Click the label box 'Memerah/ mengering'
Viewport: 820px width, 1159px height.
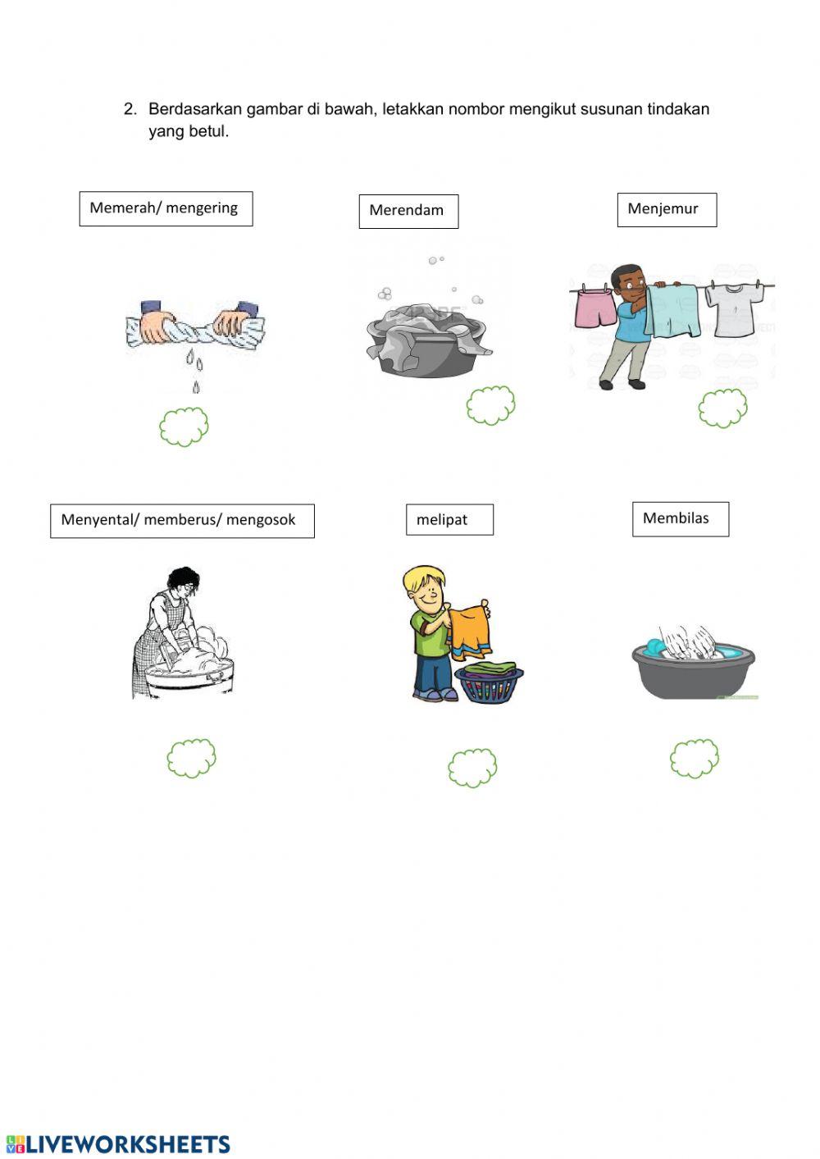pyautogui.click(x=166, y=208)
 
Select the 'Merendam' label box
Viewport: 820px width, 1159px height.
pyautogui.click(x=408, y=211)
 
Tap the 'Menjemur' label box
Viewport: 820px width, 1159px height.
pyautogui.click(x=667, y=209)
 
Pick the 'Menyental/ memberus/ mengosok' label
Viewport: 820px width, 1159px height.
pyautogui.click(x=182, y=521)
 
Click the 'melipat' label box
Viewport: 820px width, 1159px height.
pyautogui.click(x=449, y=519)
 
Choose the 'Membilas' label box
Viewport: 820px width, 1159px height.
pyautogui.click(x=681, y=519)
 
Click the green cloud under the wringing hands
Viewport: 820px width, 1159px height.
pyautogui.click(x=184, y=427)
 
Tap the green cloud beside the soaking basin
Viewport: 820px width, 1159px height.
pyautogui.click(x=491, y=405)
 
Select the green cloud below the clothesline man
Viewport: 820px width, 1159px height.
pyautogui.click(x=722, y=408)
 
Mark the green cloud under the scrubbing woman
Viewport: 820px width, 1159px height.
pyautogui.click(x=191, y=758)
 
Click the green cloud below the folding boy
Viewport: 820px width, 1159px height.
pyautogui.click(x=472, y=768)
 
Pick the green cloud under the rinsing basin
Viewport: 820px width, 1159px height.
pyautogui.click(x=695, y=758)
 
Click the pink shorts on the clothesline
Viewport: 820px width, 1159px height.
pyautogui.click(x=595, y=308)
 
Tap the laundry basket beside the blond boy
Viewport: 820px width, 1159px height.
pyautogui.click(x=489, y=683)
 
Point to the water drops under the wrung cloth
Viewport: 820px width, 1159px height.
pyautogui.click(x=194, y=370)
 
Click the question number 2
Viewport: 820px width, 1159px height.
pyautogui.click(x=130, y=109)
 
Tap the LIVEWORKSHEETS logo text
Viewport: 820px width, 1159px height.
pyautogui.click(x=118, y=1144)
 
